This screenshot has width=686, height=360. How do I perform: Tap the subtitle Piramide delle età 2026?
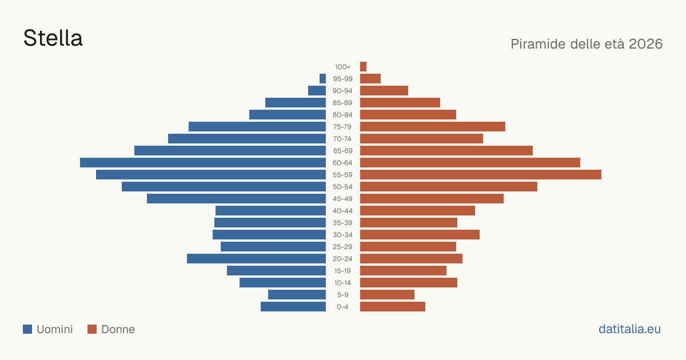pos(587,44)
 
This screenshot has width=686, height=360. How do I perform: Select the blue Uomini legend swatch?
pos(27,329)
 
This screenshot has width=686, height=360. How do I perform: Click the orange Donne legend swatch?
pos(92,329)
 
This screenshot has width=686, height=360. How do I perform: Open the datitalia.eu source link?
pos(629,329)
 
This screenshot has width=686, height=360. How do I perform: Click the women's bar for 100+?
pos(363,66)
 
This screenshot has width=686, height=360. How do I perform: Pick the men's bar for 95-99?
pos(322,78)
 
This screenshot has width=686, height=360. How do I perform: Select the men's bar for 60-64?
pos(203,162)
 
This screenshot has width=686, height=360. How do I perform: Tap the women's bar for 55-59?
pos(481,174)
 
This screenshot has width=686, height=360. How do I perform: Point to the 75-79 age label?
pos(342,127)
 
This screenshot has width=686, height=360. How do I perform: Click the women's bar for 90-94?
pos(384,91)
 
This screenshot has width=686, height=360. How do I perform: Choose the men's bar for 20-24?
pos(256,259)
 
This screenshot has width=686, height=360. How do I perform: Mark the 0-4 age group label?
pos(342,307)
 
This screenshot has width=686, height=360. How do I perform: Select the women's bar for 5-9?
pos(387,294)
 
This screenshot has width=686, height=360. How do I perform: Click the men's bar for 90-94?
pos(317,91)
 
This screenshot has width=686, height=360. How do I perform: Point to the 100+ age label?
pos(342,67)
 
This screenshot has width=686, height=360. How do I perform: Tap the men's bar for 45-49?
pos(237,199)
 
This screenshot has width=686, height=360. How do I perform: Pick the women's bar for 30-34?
pos(420,234)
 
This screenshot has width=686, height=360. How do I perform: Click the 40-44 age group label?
pos(342,211)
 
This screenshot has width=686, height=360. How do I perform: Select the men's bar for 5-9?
pos(297,294)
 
